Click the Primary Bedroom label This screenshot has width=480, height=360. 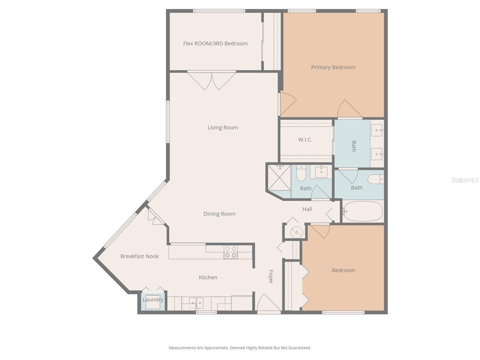tap(333, 67)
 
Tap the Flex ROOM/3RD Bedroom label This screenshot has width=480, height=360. tap(215, 43)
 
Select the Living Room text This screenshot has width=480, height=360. tap(223, 127)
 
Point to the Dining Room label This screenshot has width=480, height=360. tap(219, 214)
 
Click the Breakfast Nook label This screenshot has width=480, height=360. tap(139, 256)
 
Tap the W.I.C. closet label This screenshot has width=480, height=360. tap(305, 139)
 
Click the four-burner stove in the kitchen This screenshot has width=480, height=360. tap(230, 252)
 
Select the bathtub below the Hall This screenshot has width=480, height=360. tap(363, 211)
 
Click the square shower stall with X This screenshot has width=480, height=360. tap(279, 178)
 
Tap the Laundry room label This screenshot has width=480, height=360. tap(153, 299)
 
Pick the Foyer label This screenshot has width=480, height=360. tap(271, 277)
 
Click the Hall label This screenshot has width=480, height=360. tap(307, 209)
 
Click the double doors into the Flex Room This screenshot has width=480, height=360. tap(212, 80)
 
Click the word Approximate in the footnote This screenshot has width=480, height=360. tap(215, 348)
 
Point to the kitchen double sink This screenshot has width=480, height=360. tap(196, 303)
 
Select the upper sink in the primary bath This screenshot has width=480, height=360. tap(377, 130)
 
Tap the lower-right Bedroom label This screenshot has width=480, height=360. tap(343, 270)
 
